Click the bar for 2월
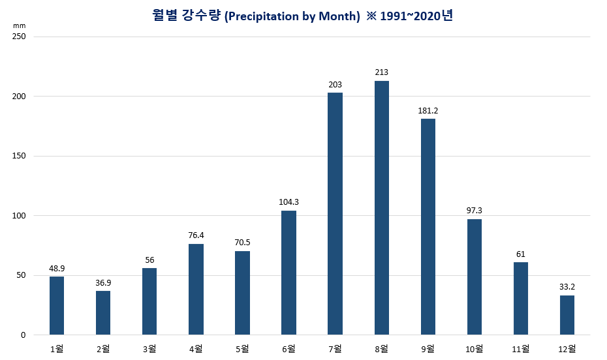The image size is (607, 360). [x=103, y=312]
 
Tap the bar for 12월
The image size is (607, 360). [x=567, y=315]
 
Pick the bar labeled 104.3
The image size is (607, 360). [x=288, y=273]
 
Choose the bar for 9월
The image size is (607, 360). [x=428, y=226]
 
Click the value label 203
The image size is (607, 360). [x=335, y=84]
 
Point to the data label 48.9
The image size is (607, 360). [x=57, y=268]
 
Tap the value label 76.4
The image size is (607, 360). [x=196, y=235]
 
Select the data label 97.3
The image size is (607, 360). [x=475, y=210]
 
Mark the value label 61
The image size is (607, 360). [x=521, y=254]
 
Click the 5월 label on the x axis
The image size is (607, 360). [x=242, y=349]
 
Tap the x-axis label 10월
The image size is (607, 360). [x=475, y=349]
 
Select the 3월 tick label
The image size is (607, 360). [x=149, y=349]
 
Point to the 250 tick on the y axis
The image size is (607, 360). [x=19, y=37]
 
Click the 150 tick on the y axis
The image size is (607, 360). [x=19, y=157]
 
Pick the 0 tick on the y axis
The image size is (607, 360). [x=22, y=335]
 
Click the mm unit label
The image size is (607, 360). [x=18, y=25]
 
